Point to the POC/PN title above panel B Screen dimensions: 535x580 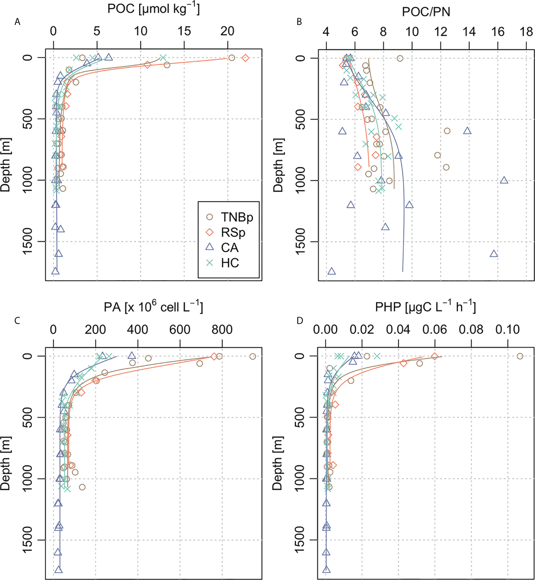[x=426, y=12]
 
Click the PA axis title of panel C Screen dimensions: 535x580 [x=153, y=307]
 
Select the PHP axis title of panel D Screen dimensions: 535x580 [x=425, y=307]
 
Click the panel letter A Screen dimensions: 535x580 [x=17, y=22]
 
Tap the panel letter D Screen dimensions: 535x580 [x=300, y=321]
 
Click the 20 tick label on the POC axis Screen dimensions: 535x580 [x=227, y=31]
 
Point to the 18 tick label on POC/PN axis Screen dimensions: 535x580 [x=526, y=32]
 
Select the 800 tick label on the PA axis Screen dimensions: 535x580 [x=222, y=330]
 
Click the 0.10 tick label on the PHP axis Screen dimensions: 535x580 [x=507, y=330]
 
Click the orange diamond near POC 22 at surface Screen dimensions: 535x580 [x=245, y=58]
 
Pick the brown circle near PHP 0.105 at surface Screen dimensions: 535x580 [x=520, y=356]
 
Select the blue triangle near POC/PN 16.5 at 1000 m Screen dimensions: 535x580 [x=504, y=180]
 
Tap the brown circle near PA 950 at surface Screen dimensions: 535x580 [x=253, y=356]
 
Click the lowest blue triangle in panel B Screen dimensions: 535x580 [x=331, y=271]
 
